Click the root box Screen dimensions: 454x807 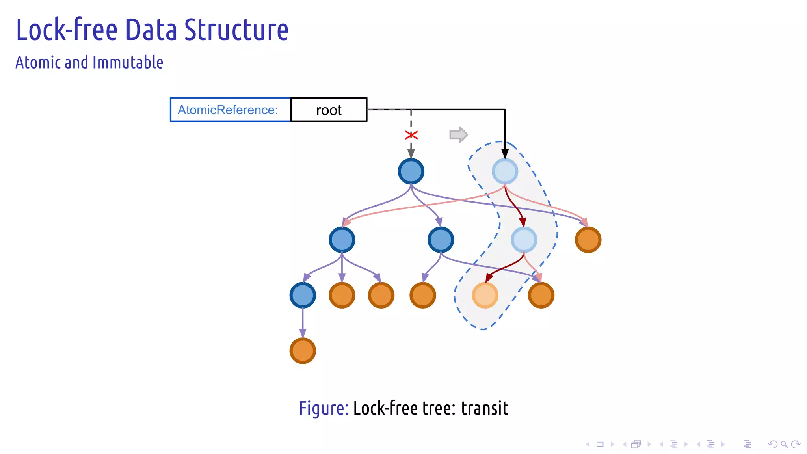click(329, 110)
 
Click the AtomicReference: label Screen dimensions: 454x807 click(228, 110)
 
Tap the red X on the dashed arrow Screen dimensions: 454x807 click(411, 135)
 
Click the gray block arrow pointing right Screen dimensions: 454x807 click(458, 135)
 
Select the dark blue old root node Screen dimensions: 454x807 click(411, 171)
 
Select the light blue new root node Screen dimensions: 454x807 click(505, 171)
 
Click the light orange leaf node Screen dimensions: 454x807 click(485, 295)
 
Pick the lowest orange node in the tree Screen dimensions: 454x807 click(303, 350)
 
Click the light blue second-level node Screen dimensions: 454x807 click(524, 240)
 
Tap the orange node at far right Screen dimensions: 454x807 click(588, 240)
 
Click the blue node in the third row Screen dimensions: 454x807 click(303, 295)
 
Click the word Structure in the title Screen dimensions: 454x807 click(236, 30)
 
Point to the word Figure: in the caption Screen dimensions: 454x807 click(324, 408)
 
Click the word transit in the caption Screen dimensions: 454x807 click(485, 408)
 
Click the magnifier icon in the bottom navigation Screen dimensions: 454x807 click(784, 444)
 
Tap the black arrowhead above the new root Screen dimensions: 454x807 click(505, 154)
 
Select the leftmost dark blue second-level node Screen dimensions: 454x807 click(342, 240)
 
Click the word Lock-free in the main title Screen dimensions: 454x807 click(67, 30)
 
